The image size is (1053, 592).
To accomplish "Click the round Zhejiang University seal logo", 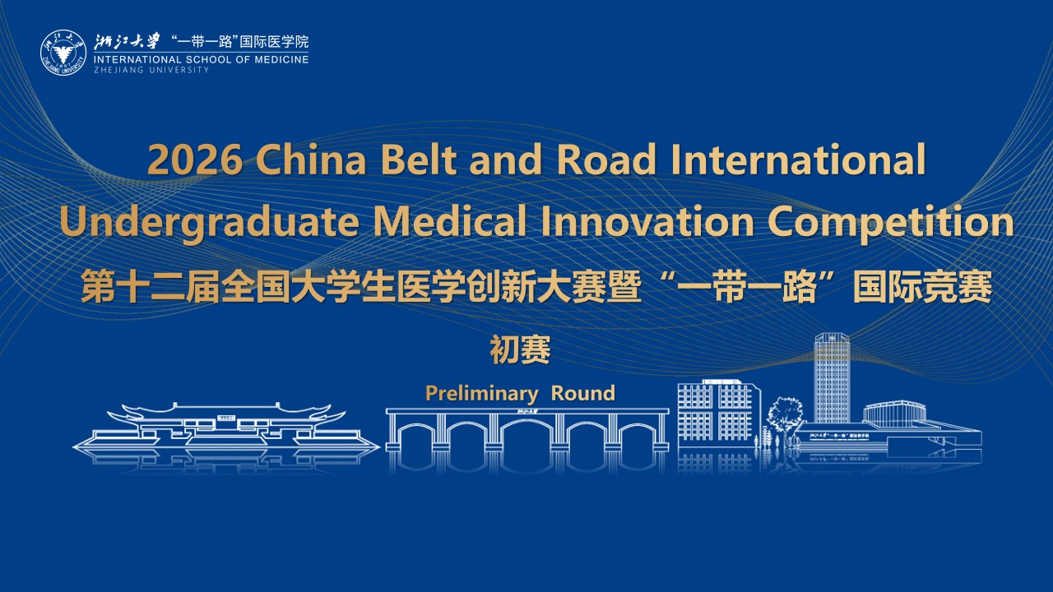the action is point(63,53).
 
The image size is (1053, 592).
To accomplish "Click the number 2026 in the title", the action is point(195,160).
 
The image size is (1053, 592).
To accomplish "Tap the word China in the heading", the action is point(310,159).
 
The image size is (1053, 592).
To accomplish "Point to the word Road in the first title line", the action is point(606,159).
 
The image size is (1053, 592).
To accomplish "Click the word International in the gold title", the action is point(798,159).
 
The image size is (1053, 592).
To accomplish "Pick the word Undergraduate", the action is point(209,223).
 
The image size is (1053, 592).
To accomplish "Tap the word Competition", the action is point(891,223).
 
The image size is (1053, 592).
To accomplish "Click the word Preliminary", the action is point(481,394).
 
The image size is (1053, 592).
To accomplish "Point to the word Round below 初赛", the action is point(583,393).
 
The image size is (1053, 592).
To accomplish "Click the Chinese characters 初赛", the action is point(520,349).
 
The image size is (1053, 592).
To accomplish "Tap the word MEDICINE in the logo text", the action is point(281,60).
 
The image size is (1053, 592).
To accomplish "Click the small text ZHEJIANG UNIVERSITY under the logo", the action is point(151,70).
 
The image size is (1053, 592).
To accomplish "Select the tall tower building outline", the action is point(832,377).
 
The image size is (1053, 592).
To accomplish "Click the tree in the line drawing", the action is point(784,415).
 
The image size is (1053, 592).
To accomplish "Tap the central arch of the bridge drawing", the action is point(527,423).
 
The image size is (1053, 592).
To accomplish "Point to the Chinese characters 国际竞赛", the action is point(922,287).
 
